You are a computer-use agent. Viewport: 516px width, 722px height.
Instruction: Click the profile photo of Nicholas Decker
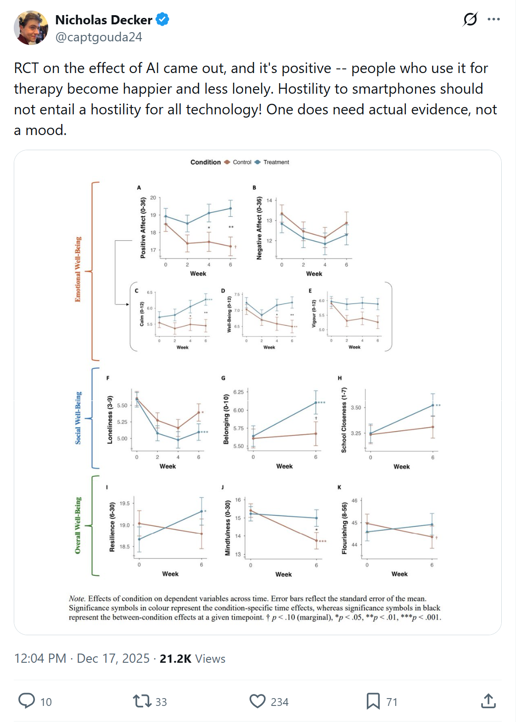click(31, 28)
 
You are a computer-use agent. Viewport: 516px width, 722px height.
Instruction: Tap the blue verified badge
click(163, 20)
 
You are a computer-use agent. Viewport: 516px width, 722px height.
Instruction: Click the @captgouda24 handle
click(99, 37)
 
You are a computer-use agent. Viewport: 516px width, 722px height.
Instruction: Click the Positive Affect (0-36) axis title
click(143, 228)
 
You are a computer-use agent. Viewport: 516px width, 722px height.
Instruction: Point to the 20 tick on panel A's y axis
click(153, 197)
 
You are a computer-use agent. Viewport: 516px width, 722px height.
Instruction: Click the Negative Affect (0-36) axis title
click(259, 228)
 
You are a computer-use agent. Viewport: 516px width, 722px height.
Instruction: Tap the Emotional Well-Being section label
click(78, 269)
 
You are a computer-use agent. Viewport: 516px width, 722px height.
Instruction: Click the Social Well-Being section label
click(79, 417)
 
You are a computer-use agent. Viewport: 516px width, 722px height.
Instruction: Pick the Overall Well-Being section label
click(78, 525)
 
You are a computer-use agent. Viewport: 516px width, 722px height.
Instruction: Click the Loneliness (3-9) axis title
click(110, 420)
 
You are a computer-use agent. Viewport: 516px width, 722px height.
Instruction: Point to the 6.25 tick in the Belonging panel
click(238, 392)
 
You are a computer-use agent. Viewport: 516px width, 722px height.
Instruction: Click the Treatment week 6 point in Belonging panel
click(316, 403)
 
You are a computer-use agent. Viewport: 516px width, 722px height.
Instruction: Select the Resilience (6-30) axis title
click(112, 527)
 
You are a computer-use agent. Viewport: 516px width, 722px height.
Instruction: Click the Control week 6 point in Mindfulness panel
click(316, 541)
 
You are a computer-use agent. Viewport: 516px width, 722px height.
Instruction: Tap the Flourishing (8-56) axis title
click(344, 528)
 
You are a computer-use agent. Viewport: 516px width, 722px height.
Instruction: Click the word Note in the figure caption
click(77, 598)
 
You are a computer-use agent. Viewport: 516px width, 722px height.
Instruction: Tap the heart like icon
click(258, 701)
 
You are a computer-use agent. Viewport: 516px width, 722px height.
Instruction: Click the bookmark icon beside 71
click(373, 701)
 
